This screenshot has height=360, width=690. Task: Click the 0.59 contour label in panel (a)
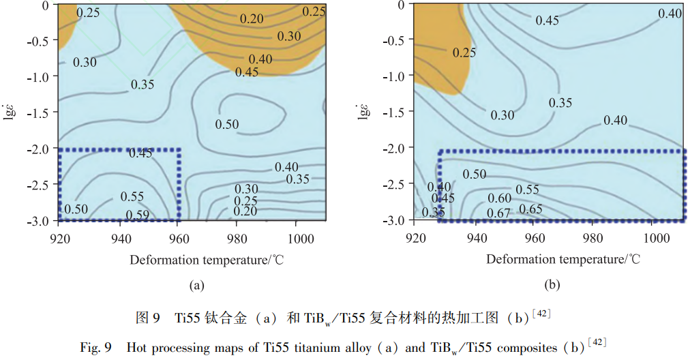point(139,214)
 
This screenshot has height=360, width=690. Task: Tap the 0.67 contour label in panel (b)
point(498,214)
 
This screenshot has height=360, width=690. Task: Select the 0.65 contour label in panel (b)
point(530,209)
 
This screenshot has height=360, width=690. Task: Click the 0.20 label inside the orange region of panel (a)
point(252,18)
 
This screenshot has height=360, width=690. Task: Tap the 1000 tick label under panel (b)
point(657,239)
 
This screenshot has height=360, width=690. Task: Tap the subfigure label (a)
point(197,286)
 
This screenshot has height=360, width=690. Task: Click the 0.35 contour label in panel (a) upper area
point(142,85)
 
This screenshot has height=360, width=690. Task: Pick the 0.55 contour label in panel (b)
point(527,190)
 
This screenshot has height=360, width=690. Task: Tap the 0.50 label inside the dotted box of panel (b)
point(475,174)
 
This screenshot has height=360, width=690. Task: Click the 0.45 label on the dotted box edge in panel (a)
point(140,153)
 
